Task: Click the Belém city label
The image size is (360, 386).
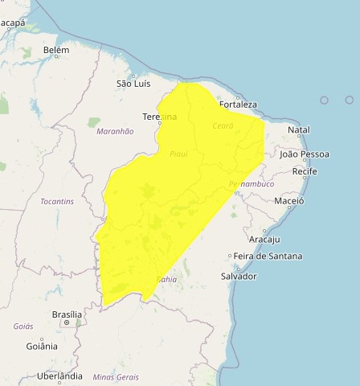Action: pyautogui.click(x=56, y=50)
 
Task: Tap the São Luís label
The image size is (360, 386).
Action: pyautogui.click(x=134, y=83)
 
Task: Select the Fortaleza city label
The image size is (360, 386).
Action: pyautogui.click(x=237, y=105)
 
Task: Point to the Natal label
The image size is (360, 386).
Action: pyautogui.click(x=298, y=129)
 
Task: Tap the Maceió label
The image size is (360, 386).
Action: pyautogui.click(x=289, y=200)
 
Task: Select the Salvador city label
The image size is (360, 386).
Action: pyautogui.click(x=238, y=276)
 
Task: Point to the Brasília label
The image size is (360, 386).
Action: pyautogui.click(x=67, y=314)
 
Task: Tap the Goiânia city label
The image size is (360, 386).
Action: pyautogui.click(x=42, y=347)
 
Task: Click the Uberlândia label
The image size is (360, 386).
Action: pyautogui.click(x=60, y=376)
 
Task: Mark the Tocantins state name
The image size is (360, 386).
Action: pyautogui.click(x=57, y=200)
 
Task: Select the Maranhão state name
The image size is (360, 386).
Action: pyautogui.click(x=114, y=130)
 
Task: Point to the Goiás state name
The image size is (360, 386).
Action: pyautogui.click(x=23, y=326)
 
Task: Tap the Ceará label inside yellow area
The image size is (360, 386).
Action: pyautogui.click(x=223, y=126)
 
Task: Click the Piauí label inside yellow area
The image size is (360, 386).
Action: pyautogui.click(x=178, y=153)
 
